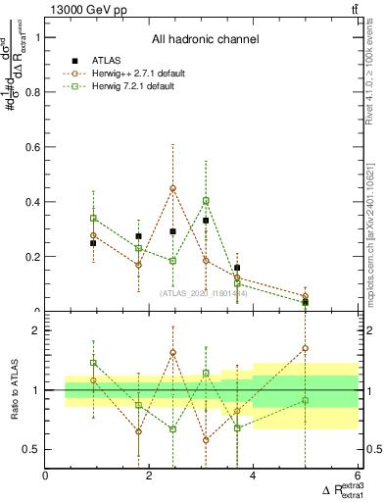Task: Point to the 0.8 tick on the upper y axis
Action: (35, 92)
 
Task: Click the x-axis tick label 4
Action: (253, 477)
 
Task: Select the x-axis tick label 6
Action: (357, 477)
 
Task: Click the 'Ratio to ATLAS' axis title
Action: (13, 389)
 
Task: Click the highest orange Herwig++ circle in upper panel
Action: (172, 188)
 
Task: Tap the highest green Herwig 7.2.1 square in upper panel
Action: (206, 201)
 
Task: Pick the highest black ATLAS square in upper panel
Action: (206, 221)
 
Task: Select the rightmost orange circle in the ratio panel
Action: (306, 348)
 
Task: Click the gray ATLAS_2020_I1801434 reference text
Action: (205, 292)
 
